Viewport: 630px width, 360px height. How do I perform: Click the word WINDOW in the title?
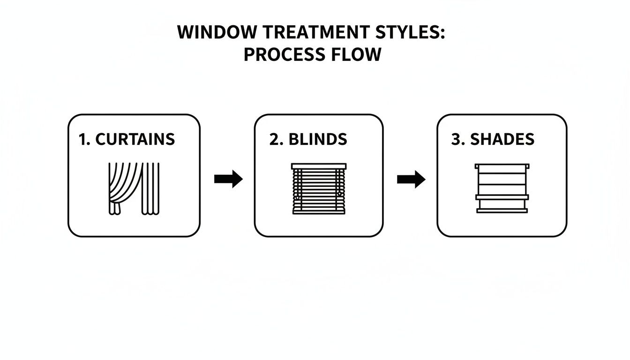(217, 32)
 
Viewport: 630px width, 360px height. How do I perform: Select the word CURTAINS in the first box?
(135, 139)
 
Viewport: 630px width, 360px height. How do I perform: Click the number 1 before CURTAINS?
(83, 139)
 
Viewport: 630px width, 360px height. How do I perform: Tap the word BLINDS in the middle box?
(318, 139)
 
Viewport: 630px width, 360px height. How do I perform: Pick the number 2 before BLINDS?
(273, 139)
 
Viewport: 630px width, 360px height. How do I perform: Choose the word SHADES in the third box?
(502, 139)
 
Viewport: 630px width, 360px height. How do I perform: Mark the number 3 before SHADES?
(457, 139)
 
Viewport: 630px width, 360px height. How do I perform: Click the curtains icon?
(134, 188)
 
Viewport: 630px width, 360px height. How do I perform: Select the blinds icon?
(319, 188)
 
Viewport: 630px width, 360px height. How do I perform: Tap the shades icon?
(502, 188)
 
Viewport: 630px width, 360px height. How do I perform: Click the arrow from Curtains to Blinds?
(228, 179)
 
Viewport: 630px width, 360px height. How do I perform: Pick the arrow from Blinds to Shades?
(411, 179)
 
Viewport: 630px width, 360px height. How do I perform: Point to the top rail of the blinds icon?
(319, 166)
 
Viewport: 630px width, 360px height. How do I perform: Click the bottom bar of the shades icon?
(502, 211)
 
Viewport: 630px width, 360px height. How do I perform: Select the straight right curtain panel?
(151, 188)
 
